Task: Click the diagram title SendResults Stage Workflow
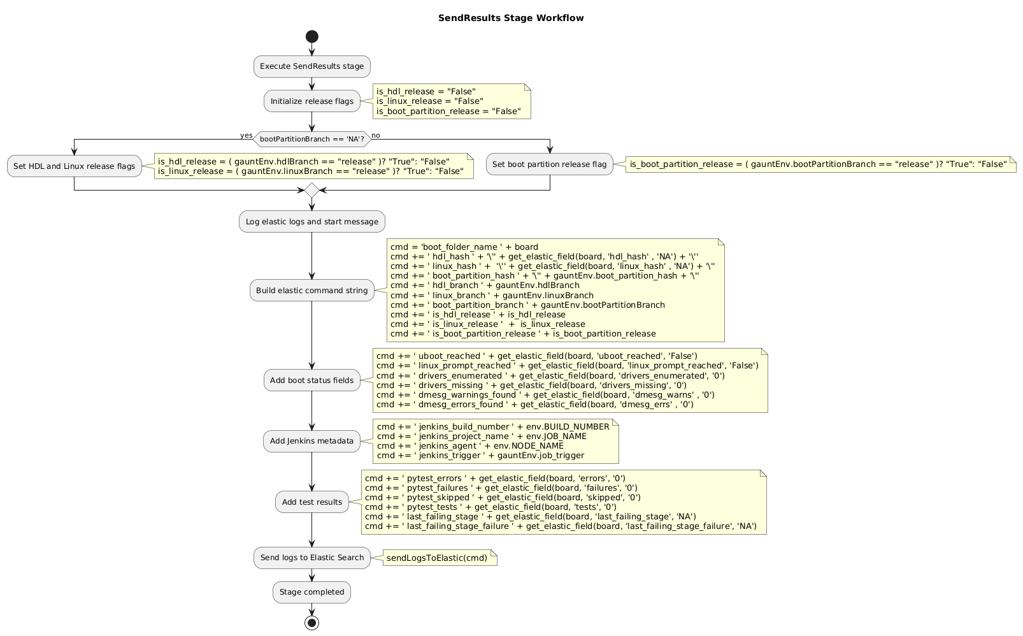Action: click(x=511, y=18)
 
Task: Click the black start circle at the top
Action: click(x=312, y=37)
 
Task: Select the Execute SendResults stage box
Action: click(x=312, y=66)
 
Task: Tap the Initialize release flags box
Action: click(x=312, y=101)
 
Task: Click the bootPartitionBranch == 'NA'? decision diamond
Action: click(x=312, y=139)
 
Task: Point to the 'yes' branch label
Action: click(x=246, y=135)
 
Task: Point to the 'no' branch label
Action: click(x=376, y=135)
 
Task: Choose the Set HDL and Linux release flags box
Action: click(x=75, y=166)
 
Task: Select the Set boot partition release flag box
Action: click(x=550, y=164)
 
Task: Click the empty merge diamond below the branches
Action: click(x=312, y=190)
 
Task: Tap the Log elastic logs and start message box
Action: click(x=312, y=222)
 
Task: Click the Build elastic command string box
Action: click(x=312, y=291)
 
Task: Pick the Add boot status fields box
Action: click(x=312, y=380)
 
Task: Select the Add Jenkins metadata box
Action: click(x=312, y=441)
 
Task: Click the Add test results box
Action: click(x=312, y=502)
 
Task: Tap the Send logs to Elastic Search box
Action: click(x=312, y=558)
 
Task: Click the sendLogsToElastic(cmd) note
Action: click(x=437, y=558)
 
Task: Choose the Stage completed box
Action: click(x=312, y=592)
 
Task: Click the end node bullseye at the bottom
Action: click(x=312, y=623)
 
